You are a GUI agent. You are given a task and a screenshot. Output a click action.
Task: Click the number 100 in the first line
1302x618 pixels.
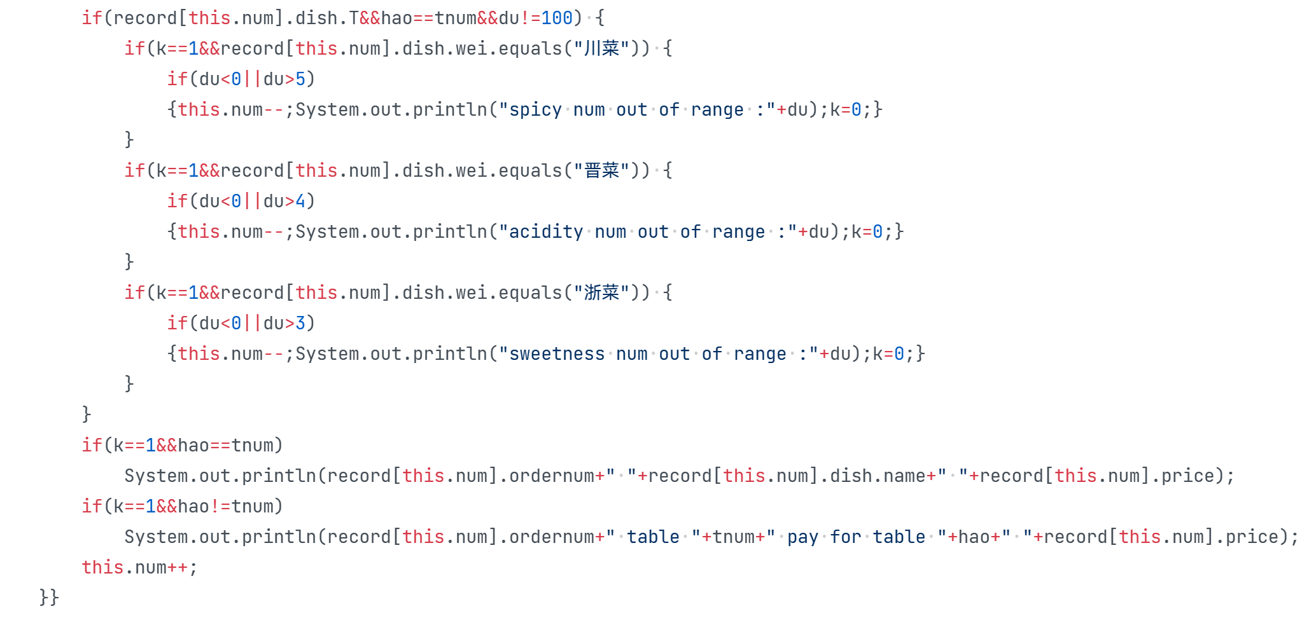pyautogui.click(x=557, y=18)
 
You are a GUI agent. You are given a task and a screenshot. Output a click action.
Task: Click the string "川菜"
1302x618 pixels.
pyautogui.click(x=601, y=48)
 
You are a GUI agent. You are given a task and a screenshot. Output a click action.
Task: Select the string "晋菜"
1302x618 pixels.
pyautogui.click(x=601, y=170)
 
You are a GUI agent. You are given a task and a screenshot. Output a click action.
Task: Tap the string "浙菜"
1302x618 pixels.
pyautogui.click(x=601, y=292)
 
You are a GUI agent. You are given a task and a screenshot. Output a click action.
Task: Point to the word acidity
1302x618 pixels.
pyautogui.click(x=546, y=231)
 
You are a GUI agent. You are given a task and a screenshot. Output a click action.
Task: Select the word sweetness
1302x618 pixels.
pyautogui.click(x=557, y=354)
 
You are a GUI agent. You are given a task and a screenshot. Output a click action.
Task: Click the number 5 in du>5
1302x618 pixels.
pyautogui.click(x=300, y=79)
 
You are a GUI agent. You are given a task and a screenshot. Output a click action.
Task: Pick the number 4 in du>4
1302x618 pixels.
pyautogui.click(x=300, y=201)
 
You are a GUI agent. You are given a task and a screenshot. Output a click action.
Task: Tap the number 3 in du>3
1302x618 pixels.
pyautogui.click(x=300, y=323)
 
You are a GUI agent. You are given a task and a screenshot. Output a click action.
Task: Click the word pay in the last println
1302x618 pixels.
pyautogui.click(x=802, y=537)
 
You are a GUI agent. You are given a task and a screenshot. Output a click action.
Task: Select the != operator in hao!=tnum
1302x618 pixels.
pyautogui.click(x=220, y=506)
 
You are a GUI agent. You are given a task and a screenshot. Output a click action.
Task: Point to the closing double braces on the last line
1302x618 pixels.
pyautogui.click(x=49, y=597)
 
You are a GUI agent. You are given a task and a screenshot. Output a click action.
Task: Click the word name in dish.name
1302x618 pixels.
pyautogui.click(x=904, y=476)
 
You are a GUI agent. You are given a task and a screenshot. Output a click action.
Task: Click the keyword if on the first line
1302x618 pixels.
pyautogui.click(x=92, y=18)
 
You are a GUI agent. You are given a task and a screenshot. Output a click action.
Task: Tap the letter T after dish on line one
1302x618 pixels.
pyautogui.click(x=354, y=18)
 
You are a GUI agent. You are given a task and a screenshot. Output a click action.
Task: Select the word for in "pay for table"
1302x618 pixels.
pyautogui.click(x=845, y=537)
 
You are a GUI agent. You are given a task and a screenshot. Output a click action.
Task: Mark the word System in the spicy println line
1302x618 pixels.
pyautogui.click(x=327, y=109)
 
